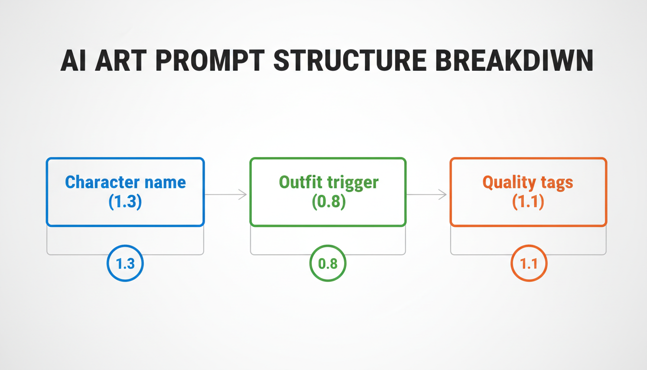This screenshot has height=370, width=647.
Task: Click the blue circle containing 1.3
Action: click(125, 264)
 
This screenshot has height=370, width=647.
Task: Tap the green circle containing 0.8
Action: click(328, 264)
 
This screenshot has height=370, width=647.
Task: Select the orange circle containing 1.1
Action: click(529, 264)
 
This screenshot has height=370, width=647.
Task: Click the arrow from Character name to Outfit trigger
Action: click(226, 194)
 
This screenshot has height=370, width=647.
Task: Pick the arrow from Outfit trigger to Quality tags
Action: click(427, 194)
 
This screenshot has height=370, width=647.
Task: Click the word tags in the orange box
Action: click(556, 183)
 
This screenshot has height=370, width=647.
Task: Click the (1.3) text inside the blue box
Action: click(125, 201)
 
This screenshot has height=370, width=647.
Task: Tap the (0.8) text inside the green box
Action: click(328, 201)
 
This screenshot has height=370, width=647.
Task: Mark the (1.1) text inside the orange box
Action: click(528, 201)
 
